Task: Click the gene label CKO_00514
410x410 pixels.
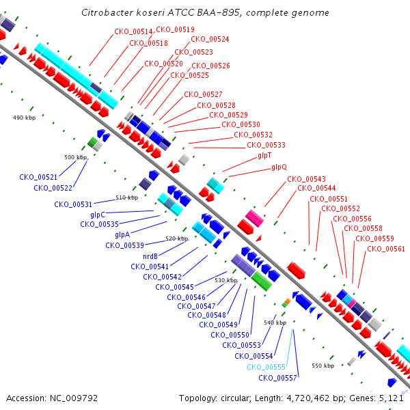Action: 133,31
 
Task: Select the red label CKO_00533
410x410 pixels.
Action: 266,145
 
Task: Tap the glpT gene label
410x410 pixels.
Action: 264,156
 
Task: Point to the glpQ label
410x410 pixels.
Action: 279,167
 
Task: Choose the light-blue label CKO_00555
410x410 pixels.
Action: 266,367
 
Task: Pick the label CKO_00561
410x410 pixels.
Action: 386,249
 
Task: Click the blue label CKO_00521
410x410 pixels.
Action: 39,177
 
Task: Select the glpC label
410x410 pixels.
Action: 98,214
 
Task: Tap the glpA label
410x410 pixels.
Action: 122,234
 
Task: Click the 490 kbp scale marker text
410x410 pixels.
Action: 24,118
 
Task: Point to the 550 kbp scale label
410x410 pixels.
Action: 323,366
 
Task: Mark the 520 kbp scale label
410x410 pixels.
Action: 176,238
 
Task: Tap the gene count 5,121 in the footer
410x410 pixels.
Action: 394,398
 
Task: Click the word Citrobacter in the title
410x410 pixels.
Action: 105,13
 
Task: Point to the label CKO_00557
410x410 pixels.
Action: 277,377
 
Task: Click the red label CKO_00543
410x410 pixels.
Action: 306,178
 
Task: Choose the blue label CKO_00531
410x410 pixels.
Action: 73,204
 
